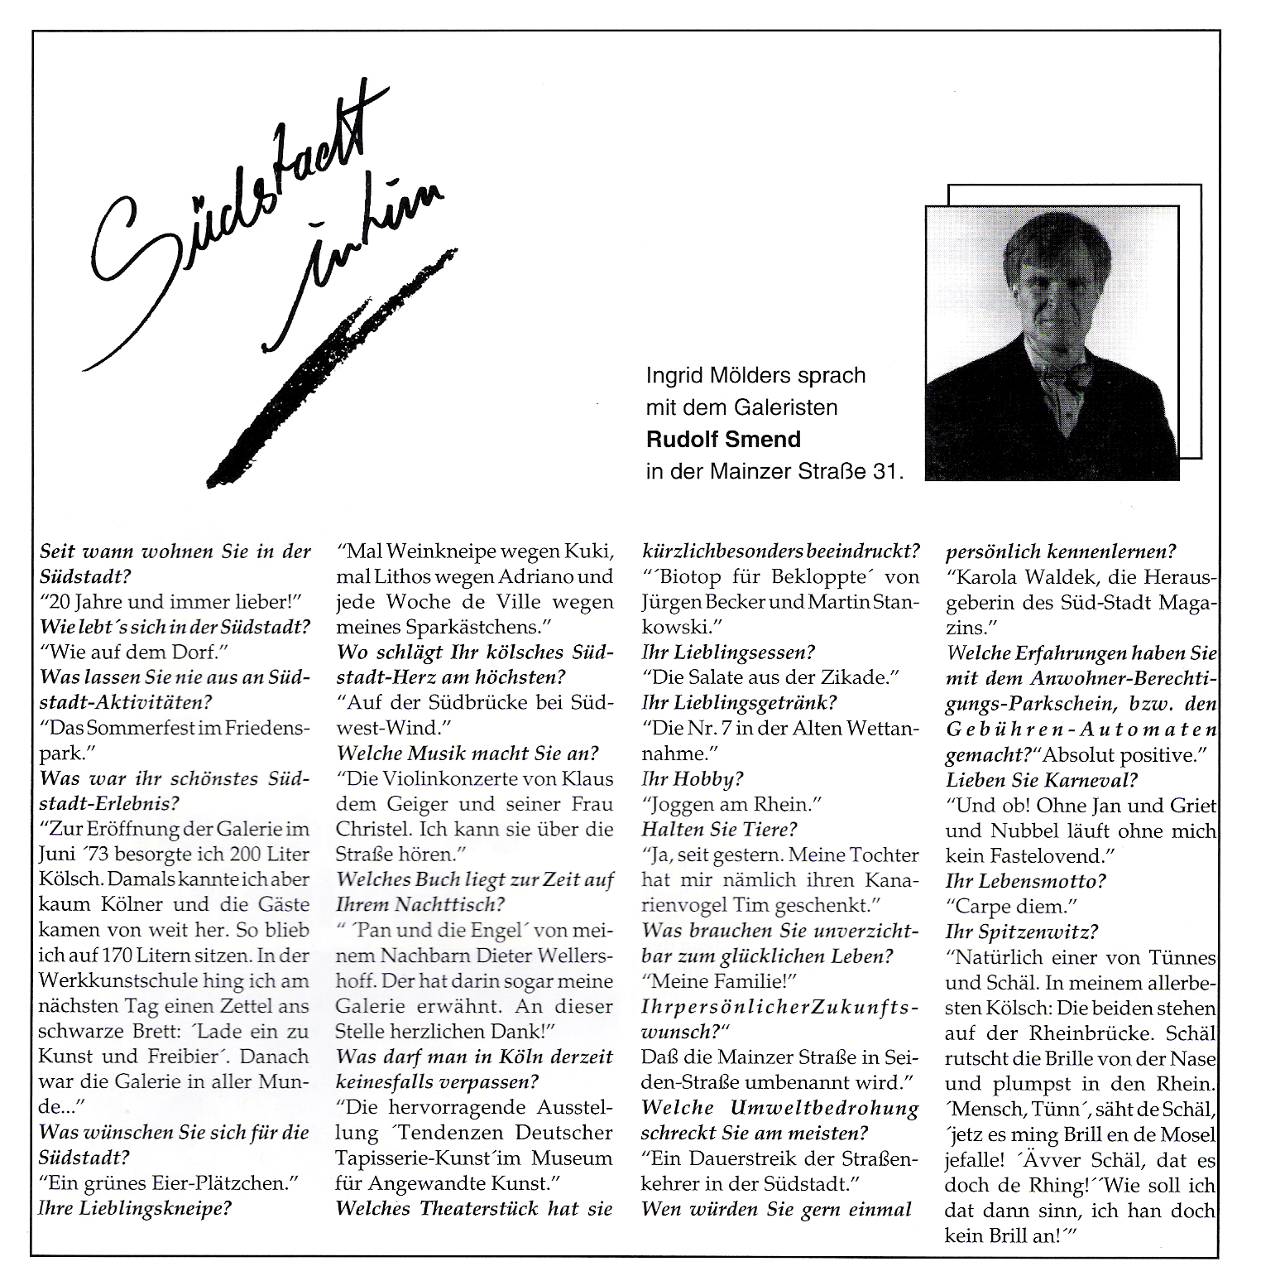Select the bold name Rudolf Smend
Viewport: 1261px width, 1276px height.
pyautogui.click(x=725, y=439)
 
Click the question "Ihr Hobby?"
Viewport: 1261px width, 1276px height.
pyautogui.click(x=693, y=778)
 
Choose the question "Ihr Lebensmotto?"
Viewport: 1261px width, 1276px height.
pyautogui.click(x=1026, y=881)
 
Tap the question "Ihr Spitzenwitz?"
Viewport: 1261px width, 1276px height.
pyautogui.click(x=1022, y=932)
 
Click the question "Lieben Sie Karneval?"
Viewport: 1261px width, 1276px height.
pyautogui.click(x=1042, y=779)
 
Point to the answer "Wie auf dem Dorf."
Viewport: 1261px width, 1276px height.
pyautogui.click(x=132, y=652)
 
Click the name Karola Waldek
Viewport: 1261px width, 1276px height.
pyautogui.click(x=1034, y=576)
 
